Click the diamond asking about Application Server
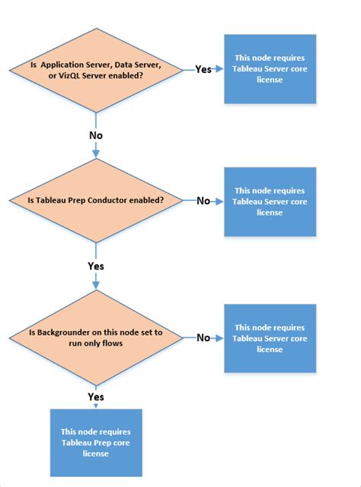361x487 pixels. [95, 70]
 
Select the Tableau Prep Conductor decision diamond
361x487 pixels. [95, 200]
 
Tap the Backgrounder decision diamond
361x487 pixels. [95, 338]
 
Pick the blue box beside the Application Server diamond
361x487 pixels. [269, 68]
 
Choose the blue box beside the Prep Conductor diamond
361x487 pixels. [269, 202]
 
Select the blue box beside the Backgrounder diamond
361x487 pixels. [269, 338]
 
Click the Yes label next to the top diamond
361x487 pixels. [203, 69]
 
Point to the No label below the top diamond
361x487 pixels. [96, 135]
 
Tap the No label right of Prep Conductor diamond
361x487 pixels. [203, 201]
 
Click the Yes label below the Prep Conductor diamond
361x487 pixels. [96, 267]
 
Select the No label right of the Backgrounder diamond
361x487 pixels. [203, 337]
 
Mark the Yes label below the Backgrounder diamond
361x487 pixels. [96, 397]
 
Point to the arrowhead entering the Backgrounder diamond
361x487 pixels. [96, 287]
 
